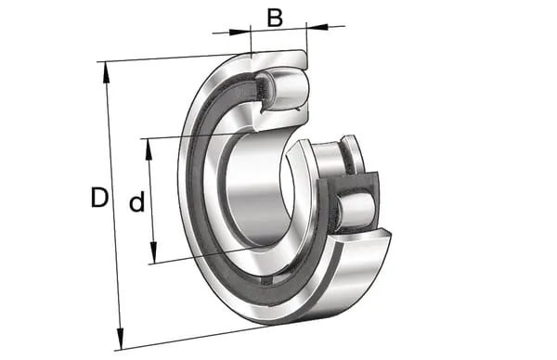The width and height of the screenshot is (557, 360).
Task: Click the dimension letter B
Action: point(275,18)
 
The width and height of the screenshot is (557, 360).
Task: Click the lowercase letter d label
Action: point(136,201)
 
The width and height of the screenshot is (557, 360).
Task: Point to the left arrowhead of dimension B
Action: point(240,32)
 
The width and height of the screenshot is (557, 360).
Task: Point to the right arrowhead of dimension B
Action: point(317,27)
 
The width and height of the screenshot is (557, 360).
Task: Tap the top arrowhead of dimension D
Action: point(106,72)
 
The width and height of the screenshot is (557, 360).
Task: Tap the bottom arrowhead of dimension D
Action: point(121,339)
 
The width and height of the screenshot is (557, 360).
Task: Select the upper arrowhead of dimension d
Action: point(149,149)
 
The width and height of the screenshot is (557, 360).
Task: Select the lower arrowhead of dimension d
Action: point(153,252)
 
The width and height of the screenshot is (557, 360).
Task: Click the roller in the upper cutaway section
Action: point(286,89)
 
